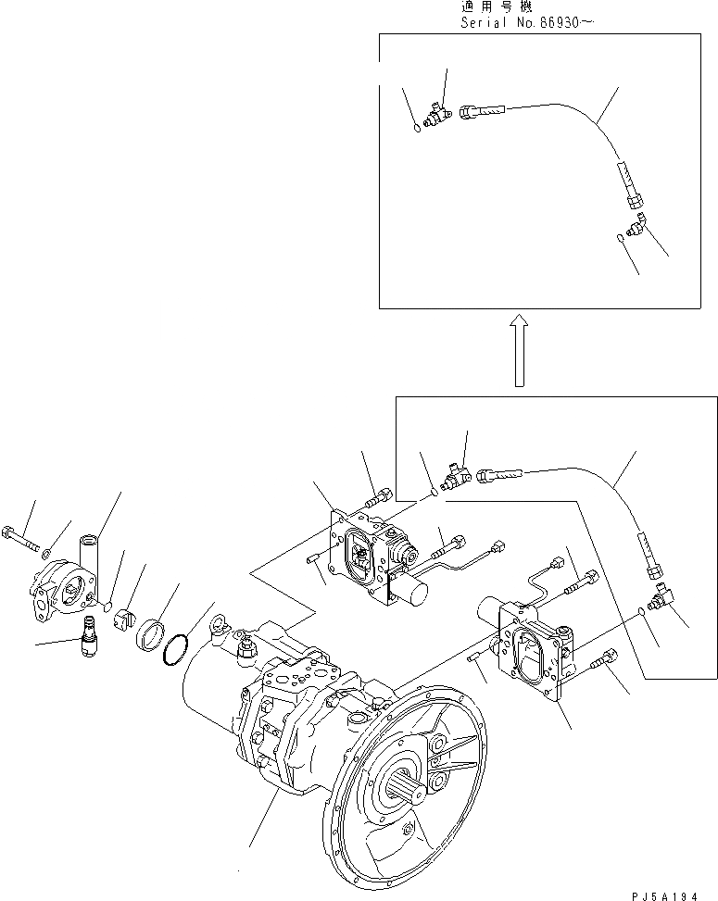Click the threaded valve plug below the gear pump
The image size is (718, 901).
click(90, 639)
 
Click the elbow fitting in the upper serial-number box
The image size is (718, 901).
click(635, 224)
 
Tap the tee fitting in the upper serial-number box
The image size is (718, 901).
click(435, 115)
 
